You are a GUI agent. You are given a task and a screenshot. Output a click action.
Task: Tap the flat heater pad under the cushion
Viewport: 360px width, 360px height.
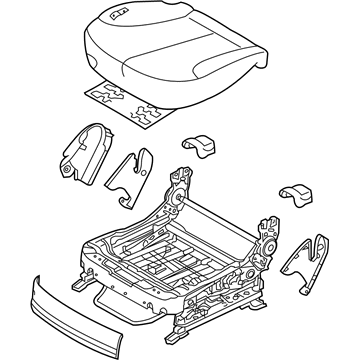click(x=125, y=99)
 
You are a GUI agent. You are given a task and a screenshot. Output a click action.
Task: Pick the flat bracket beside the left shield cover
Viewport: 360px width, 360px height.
click(x=131, y=170)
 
